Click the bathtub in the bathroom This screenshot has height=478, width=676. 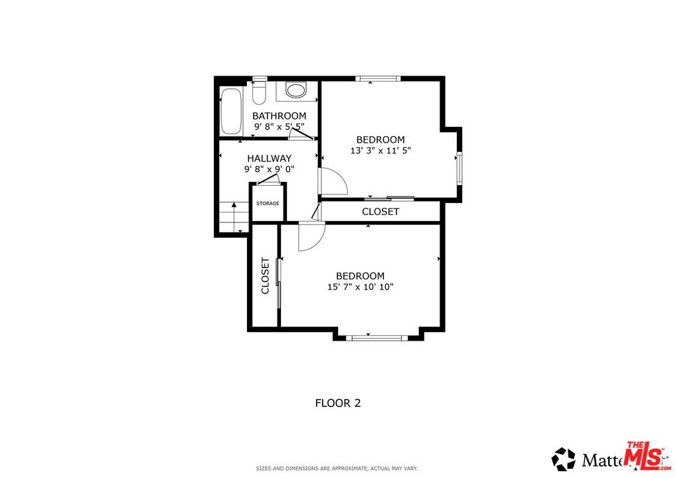[232, 111]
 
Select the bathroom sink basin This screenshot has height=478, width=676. [296, 90]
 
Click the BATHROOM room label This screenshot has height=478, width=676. [279, 116]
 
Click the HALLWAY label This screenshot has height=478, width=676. [269, 158]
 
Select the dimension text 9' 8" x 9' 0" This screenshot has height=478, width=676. [269, 169]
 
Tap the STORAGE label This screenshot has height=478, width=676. [268, 203]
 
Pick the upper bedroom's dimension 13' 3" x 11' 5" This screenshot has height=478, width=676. [380, 151]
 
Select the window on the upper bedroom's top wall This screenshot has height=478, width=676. [377, 78]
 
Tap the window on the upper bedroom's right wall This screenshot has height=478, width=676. [458, 166]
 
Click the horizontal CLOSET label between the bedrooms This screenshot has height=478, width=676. [380, 212]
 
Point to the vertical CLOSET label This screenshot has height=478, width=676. [265, 276]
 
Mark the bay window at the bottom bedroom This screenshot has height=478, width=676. [377, 338]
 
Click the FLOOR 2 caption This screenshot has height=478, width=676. [337, 402]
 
